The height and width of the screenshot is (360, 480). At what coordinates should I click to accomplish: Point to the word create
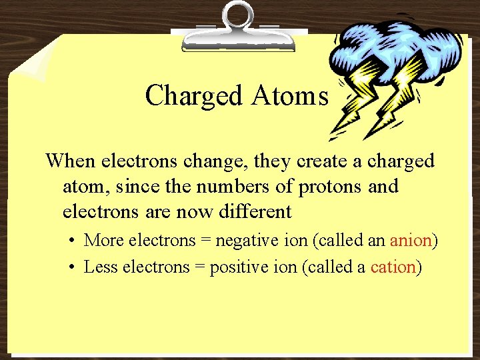pos(297,161)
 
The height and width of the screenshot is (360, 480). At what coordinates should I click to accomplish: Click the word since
pos(137,187)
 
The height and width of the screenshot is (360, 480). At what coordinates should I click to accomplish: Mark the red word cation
pos(393,267)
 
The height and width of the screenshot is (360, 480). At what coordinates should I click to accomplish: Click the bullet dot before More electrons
pos(70,241)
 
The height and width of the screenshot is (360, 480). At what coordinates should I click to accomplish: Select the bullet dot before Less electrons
pos(70,268)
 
